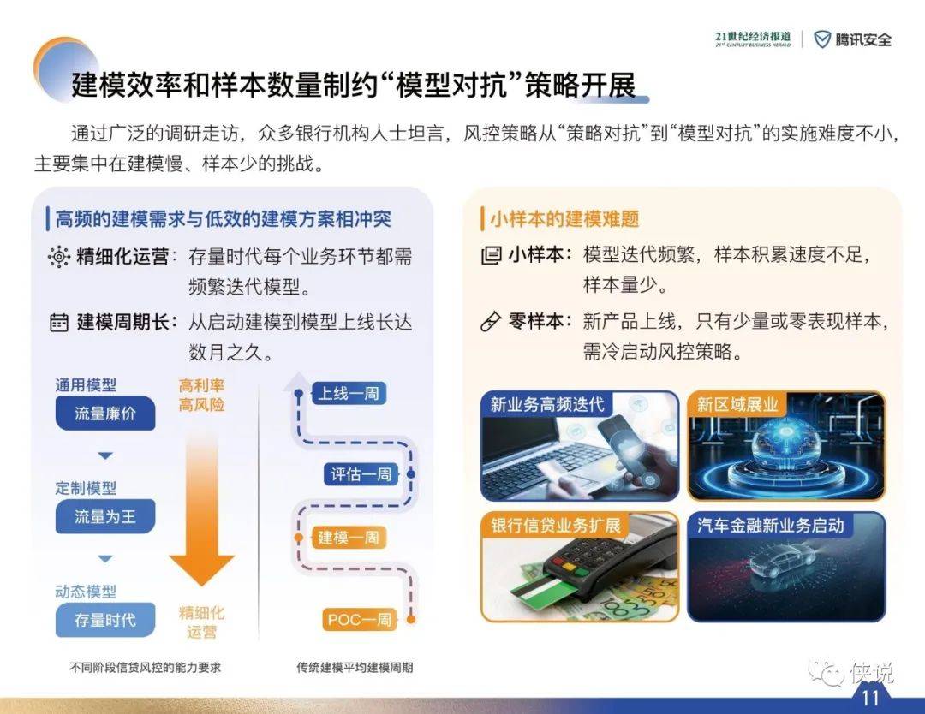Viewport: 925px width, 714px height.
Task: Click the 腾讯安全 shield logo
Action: pyautogui.click(x=821, y=39)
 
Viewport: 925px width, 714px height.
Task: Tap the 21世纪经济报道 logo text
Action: pyautogui.click(x=753, y=39)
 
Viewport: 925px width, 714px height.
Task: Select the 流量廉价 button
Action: pyautogui.click(x=105, y=414)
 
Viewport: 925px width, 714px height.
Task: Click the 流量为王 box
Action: pyautogui.click(x=105, y=516)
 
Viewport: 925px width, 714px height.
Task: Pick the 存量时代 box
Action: pyautogui.click(x=105, y=620)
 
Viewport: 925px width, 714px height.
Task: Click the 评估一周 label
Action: pyautogui.click(x=361, y=474)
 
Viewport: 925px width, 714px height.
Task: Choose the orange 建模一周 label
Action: pyautogui.click(x=348, y=537)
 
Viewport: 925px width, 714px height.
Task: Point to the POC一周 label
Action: pyautogui.click(x=359, y=620)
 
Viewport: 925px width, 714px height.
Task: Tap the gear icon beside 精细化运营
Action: pyautogui.click(x=58, y=257)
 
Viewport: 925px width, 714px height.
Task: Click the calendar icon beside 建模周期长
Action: pyautogui.click(x=59, y=323)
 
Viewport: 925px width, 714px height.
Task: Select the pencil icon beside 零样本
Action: pyautogui.click(x=491, y=322)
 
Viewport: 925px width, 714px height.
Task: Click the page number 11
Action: pyautogui.click(x=870, y=698)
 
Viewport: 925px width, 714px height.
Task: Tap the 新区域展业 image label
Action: pyautogui.click(x=737, y=404)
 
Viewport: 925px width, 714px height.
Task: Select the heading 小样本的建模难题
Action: pyautogui.click(x=564, y=219)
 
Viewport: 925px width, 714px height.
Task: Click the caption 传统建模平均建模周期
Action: pyautogui.click(x=355, y=668)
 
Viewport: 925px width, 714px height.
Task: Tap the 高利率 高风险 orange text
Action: pyautogui.click(x=202, y=395)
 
